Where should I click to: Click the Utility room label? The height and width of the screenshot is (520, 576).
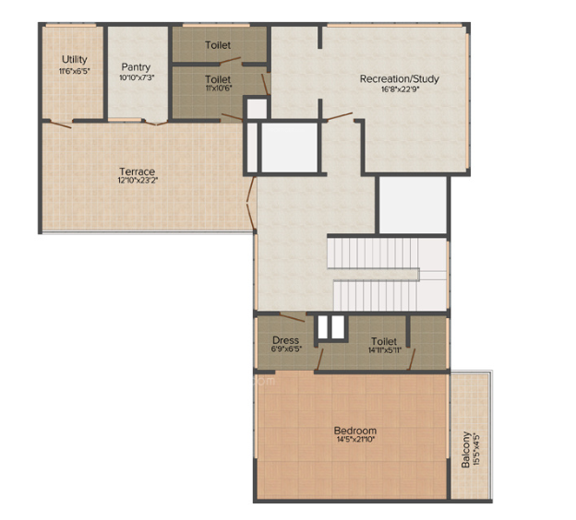tap(75, 60)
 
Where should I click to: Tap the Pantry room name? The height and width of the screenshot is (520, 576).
tap(137, 67)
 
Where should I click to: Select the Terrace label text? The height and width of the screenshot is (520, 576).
tap(137, 171)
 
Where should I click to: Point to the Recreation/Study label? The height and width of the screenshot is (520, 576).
tap(399, 79)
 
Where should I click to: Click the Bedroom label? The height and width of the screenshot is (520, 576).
tap(355, 431)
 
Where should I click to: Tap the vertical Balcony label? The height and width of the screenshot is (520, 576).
tap(466, 449)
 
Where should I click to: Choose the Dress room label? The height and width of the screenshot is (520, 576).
tap(285, 340)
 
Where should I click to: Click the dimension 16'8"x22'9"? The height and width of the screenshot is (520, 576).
tap(399, 90)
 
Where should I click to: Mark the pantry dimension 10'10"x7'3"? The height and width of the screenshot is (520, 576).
tap(137, 78)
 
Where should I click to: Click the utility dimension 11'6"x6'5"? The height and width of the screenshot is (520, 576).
tap(75, 71)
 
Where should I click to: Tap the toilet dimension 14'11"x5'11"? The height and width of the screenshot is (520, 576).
tap(383, 350)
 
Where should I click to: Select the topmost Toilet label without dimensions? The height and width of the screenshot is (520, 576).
tap(218, 44)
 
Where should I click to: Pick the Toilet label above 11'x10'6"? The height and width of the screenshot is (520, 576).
tap(218, 80)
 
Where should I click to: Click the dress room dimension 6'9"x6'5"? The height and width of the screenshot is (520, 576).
tap(285, 350)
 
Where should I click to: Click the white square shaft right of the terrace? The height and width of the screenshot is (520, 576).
tap(290, 146)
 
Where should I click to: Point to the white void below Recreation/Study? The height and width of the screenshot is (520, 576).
tap(413, 204)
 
